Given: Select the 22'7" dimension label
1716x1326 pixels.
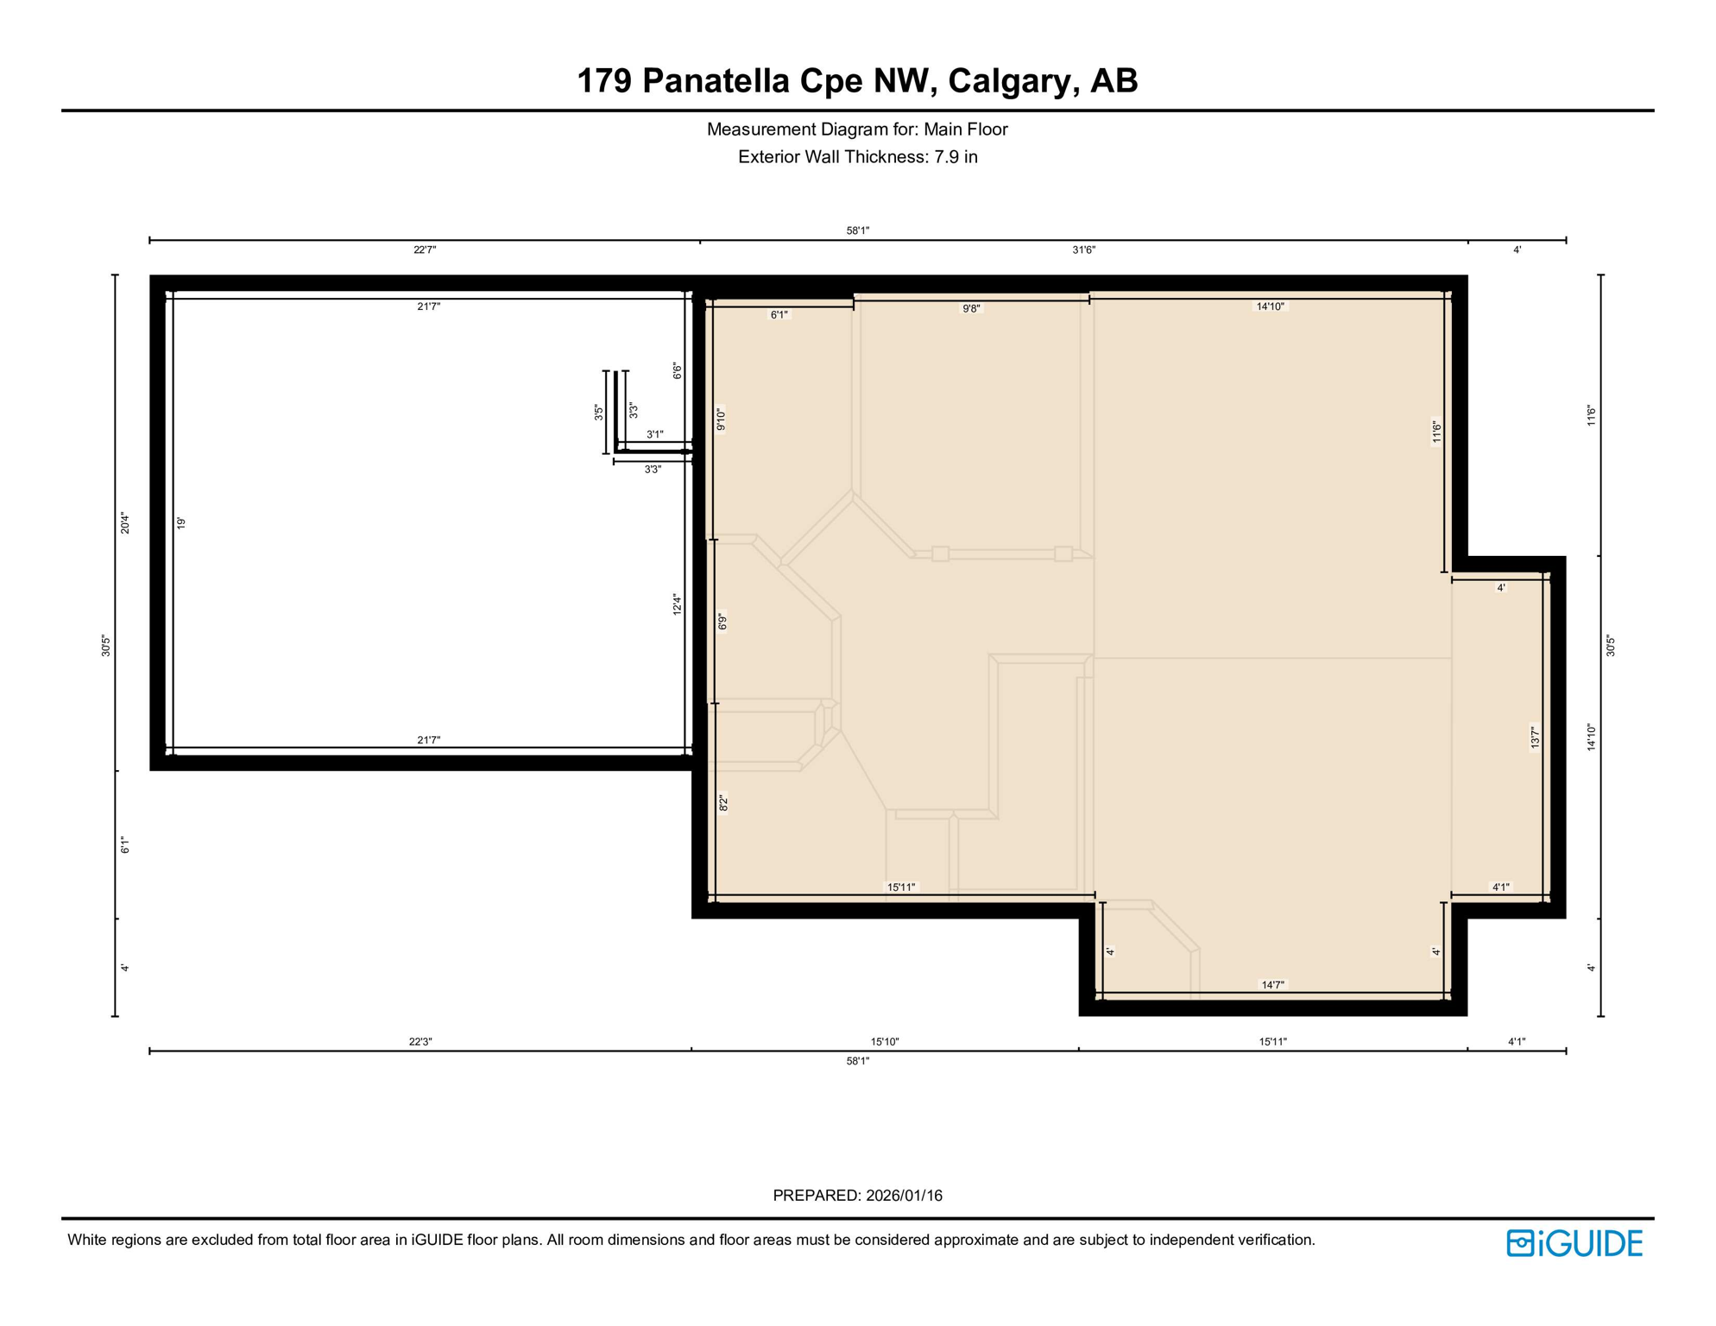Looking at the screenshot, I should [x=425, y=250].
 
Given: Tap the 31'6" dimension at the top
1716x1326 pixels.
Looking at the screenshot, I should [x=1083, y=250].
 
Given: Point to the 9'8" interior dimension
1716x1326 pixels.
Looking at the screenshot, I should [x=971, y=309].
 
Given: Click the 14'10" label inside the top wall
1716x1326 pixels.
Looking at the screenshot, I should [x=1270, y=306].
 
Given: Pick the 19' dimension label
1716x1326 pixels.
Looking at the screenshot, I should [x=181, y=523].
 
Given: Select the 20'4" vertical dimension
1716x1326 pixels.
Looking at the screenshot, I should [x=125, y=523].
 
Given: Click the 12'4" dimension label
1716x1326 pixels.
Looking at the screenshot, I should [x=678, y=604].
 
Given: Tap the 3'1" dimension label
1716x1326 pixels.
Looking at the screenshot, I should [x=655, y=435].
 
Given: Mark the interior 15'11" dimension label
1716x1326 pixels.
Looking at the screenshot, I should [x=901, y=887].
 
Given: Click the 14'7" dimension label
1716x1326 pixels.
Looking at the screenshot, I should [x=1272, y=985].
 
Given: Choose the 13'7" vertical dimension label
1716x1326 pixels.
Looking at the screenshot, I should [x=1534, y=738].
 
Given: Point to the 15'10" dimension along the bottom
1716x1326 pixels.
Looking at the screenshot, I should [x=885, y=1042].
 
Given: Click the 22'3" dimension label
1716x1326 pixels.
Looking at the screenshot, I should [x=420, y=1042].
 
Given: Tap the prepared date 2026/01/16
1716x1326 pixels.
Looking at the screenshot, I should [x=904, y=1196].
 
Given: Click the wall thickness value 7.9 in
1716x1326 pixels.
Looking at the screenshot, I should [x=956, y=157].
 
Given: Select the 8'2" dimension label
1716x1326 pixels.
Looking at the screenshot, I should [x=723, y=803].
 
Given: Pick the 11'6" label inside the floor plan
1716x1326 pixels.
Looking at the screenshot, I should [x=1436, y=432].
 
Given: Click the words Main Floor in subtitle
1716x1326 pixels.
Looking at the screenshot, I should [x=965, y=129].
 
